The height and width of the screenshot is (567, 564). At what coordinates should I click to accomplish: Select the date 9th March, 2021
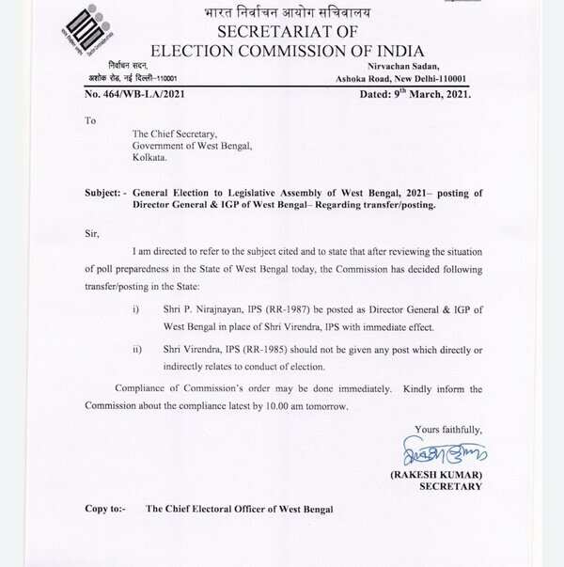pos(429,94)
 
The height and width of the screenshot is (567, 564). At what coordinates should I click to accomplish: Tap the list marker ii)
pos(137,349)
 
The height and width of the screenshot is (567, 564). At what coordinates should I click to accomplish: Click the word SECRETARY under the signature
pos(450,486)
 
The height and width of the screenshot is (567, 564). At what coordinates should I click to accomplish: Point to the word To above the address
pos(90,120)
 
